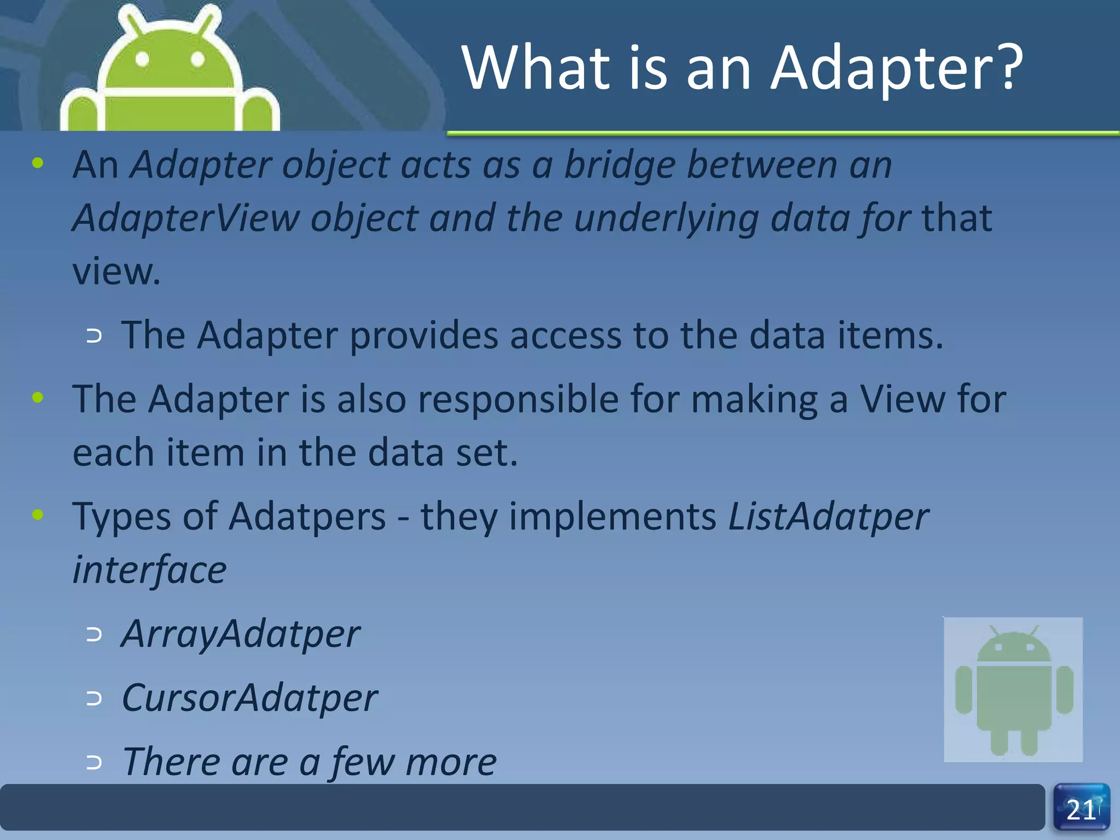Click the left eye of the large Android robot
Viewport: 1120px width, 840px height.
[142, 59]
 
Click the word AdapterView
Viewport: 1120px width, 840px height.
[186, 218]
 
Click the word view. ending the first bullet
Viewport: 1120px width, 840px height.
[116, 272]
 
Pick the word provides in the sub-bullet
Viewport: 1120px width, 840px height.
[423, 336]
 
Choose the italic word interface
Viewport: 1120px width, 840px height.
[149, 570]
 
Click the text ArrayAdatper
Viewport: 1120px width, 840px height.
[240, 634]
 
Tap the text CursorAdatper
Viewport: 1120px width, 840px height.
[249, 698]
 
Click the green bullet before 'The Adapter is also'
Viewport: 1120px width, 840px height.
[38, 398]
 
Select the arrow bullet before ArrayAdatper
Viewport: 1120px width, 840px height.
[94, 635]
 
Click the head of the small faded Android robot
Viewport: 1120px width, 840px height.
[1013, 646]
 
